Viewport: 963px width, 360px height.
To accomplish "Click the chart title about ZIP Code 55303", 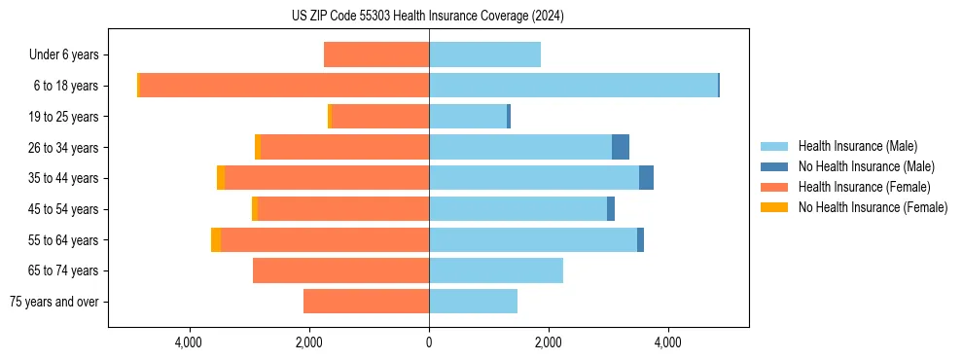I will pyautogui.click(x=428, y=16).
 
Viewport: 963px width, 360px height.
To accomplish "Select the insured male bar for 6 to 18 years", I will pyautogui.click(x=573, y=85).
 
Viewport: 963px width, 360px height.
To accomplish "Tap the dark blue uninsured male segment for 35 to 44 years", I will pyautogui.click(x=646, y=178).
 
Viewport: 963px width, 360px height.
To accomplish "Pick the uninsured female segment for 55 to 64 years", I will pyautogui.click(x=216, y=239).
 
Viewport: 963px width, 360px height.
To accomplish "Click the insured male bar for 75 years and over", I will pyautogui.click(x=473, y=302).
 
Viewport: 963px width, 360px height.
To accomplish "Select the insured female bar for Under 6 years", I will pyautogui.click(x=376, y=54).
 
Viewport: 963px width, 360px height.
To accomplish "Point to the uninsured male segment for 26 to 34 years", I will pyautogui.click(x=621, y=147).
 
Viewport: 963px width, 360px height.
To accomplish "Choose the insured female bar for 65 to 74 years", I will pyautogui.click(x=340, y=270).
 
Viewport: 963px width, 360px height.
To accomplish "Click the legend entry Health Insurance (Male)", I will pyautogui.click(x=857, y=146).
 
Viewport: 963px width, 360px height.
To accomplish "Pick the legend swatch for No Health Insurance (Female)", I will pyautogui.click(x=774, y=207).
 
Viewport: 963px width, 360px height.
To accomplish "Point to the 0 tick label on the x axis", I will pyautogui.click(x=429, y=342).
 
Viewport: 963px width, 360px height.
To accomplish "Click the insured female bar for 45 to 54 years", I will pyautogui.click(x=343, y=209).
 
